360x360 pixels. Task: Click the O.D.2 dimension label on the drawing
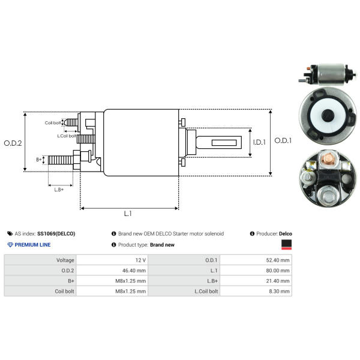pyautogui.click(x=13, y=143)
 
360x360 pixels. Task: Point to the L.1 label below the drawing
pyautogui.click(x=128, y=214)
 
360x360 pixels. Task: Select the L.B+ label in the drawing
pyautogui.click(x=59, y=190)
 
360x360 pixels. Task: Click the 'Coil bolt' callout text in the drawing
pyautogui.click(x=53, y=123)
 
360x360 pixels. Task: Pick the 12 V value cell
pyautogui.click(x=140, y=260)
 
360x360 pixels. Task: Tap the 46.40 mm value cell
pyautogui.click(x=135, y=271)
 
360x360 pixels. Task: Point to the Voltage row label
pyautogui.click(x=65, y=260)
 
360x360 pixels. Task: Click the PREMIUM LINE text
pyautogui.click(x=32, y=245)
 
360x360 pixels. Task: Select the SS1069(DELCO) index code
pyautogui.click(x=56, y=233)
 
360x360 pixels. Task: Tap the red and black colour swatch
pyautogui.click(x=287, y=244)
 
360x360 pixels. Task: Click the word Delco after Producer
pyautogui.click(x=286, y=233)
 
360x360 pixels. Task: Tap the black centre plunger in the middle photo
pyautogui.click(x=328, y=116)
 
